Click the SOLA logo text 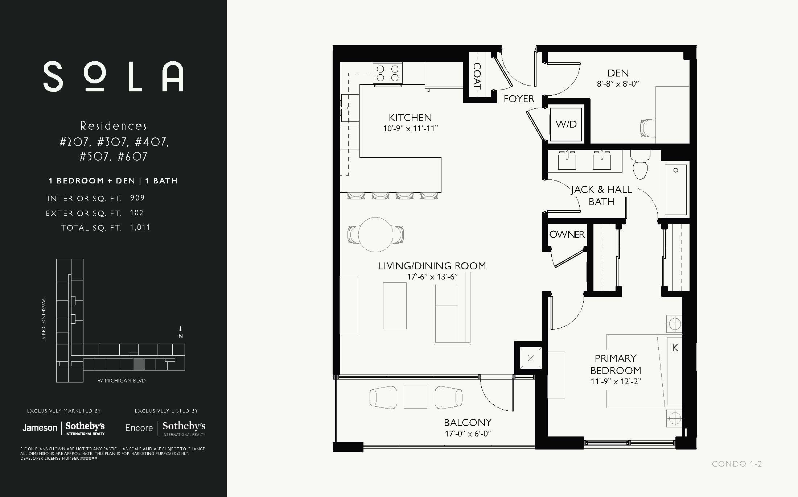tap(113, 76)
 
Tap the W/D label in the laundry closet tap(566, 124)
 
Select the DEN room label tap(618, 73)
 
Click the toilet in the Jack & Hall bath tap(640, 166)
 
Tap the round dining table tap(376, 234)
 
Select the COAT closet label tap(477, 76)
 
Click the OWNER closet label tap(567, 235)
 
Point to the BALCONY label tap(468, 423)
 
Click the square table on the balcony tap(415, 397)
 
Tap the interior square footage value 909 tap(137, 198)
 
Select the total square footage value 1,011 tap(140, 227)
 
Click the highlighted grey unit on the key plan tap(139, 364)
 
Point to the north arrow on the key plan tap(180, 332)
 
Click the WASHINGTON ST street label tap(44, 320)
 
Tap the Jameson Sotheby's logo tap(63, 428)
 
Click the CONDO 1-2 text tap(736, 464)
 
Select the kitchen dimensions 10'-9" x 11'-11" tap(410, 128)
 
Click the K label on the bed tap(675, 348)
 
